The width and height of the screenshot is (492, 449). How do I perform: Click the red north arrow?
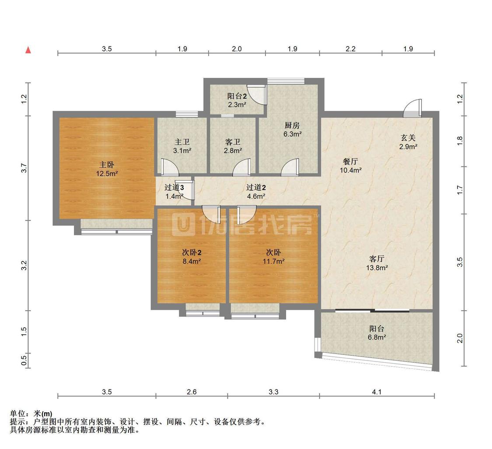coord(28,50)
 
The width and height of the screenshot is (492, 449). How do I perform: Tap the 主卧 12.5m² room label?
coord(107,169)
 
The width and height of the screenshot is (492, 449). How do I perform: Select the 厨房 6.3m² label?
coord(292,130)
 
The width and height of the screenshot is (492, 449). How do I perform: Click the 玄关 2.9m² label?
coord(408,142)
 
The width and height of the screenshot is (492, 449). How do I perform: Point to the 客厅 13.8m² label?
coord(377,263)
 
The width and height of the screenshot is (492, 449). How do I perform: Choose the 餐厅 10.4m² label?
coord(350,166)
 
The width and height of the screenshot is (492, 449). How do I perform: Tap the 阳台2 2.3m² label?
coord(237,100)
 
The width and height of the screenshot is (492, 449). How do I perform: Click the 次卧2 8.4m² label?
coord(192,256)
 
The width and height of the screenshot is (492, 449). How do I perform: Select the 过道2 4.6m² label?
coord(256,192)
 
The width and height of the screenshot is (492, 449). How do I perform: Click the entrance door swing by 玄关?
coord(412,109)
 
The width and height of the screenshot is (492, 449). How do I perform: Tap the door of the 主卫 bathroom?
coord(170,167)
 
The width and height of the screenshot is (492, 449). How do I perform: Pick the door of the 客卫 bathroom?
coord(242,167)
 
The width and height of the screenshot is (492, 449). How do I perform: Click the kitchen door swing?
coord(290,167)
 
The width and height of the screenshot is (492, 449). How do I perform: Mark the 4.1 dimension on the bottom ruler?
coord(377,392)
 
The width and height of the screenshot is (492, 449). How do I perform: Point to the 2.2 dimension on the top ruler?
coord(350,49)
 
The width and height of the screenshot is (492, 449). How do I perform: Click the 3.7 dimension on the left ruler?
coord(24,168)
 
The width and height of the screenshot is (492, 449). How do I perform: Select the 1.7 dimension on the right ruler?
coord(460,190)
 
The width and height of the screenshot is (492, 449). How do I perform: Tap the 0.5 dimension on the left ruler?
coord(24,360)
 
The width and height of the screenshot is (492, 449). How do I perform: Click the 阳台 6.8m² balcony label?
coord(377,333)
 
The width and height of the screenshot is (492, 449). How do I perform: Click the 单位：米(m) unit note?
coord(31,414)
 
